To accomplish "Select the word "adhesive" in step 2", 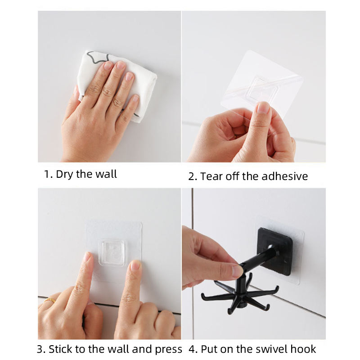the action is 284,176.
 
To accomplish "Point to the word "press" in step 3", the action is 168,350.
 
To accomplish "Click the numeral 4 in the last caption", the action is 192,349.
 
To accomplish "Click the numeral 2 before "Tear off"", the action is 191,176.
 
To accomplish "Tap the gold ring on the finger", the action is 50,300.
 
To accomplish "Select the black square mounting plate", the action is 274,252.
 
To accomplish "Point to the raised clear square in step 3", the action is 112,252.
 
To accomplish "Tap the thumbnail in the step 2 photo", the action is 263,107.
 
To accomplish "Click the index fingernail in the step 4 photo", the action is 237,271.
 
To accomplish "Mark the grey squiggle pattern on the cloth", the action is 97,58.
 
